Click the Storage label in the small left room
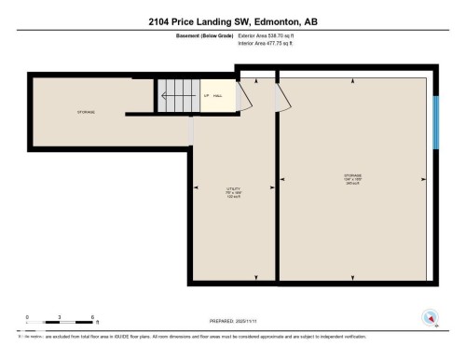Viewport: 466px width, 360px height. [86, 112]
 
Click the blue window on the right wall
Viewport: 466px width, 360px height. [436, 120]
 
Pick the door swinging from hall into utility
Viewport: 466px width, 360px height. [192, 132]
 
